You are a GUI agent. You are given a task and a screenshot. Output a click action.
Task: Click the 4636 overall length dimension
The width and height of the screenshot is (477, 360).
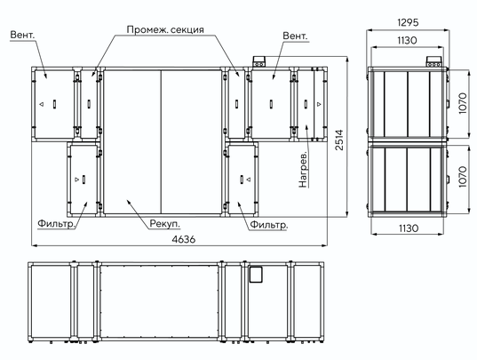(184, 239)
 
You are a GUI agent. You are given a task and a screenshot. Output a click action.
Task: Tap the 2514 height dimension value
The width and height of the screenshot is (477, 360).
(339, 140)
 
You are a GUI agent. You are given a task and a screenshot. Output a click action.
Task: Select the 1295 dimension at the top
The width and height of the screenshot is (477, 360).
(408, 22)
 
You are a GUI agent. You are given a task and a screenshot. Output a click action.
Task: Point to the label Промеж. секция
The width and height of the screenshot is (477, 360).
(165, 30)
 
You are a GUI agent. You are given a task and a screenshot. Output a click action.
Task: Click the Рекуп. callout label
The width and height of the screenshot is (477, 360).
(165, 224)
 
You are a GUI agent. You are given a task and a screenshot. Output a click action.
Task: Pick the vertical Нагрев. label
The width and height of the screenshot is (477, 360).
(303, 169)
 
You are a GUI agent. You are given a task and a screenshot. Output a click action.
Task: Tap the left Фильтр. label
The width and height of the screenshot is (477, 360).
(56, 224)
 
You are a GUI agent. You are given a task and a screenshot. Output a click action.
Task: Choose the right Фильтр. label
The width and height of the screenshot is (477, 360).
(268, 225)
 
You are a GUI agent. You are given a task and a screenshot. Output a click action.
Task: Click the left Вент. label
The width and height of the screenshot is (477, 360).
(22, 35)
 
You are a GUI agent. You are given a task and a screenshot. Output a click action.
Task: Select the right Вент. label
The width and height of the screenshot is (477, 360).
(295, 36)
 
